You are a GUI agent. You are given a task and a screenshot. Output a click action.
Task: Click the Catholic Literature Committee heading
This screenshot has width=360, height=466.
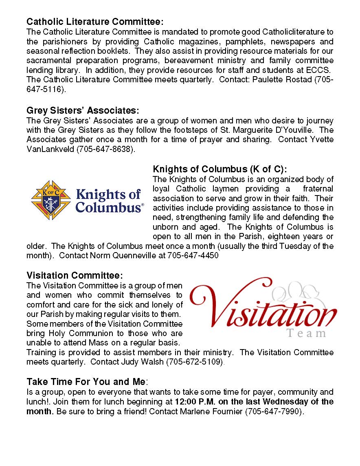[x=95, y=22]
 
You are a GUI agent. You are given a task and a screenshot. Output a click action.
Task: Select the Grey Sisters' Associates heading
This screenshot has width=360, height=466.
[x=83, y=111]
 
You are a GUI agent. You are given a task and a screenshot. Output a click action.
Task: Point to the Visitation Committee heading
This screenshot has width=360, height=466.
[x=75, y=276]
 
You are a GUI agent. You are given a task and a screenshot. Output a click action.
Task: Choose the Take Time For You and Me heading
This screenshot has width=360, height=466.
[x=86, y=382]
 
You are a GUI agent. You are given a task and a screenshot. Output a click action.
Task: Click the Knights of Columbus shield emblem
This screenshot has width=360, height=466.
[x=51, y=200]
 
